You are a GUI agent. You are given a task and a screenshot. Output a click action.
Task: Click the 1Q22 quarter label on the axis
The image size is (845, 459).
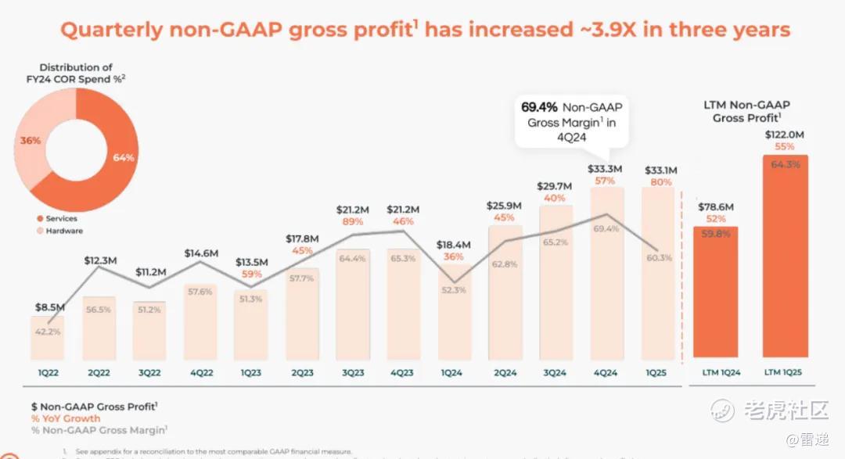pos(47,373)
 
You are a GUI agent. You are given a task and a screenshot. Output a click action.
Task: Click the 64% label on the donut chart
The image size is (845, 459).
pos(124,157)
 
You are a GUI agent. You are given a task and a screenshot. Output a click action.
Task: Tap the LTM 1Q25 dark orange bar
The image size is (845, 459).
pos(785,258)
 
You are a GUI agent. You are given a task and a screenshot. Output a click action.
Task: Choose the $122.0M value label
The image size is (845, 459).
pos(785,134)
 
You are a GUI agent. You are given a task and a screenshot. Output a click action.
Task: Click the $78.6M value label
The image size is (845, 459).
pos(715,206)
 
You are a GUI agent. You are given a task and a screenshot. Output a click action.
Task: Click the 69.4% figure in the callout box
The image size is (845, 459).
pos(540,106)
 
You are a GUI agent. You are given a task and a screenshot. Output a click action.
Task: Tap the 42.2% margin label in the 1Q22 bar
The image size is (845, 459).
pos(47,332)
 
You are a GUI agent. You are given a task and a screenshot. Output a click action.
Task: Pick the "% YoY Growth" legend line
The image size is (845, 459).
pos(66,418)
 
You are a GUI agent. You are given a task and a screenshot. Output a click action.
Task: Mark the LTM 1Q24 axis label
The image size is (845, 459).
pos(715,373)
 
